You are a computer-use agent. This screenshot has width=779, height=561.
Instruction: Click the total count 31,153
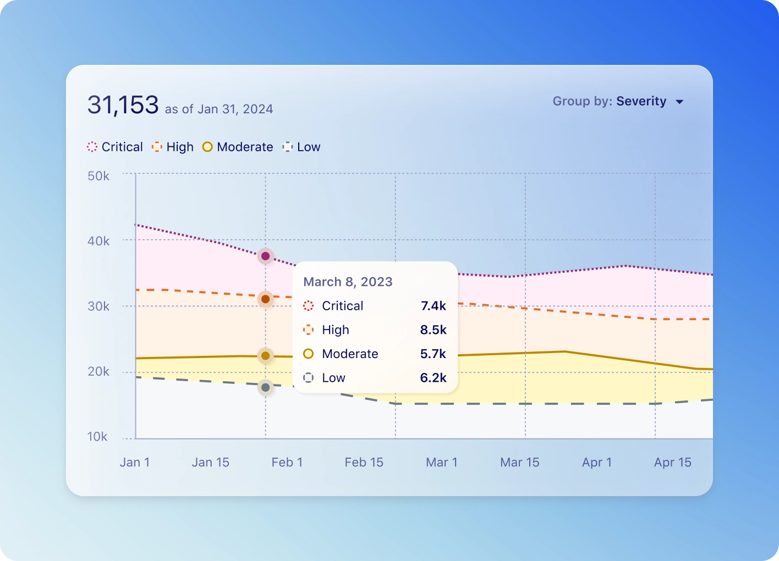123,105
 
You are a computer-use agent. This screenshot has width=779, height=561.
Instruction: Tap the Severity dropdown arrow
679,102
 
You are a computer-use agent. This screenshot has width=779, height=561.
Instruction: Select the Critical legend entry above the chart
115,147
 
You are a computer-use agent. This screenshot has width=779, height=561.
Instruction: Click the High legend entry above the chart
173,147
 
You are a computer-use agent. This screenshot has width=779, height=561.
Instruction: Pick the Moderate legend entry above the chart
238,147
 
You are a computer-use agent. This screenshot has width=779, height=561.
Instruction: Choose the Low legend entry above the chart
301,147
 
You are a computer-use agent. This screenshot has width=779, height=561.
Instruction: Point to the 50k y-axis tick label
98,176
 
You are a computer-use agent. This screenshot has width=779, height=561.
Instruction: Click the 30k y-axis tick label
98,306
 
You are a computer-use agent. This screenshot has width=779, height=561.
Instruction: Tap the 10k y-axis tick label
97,437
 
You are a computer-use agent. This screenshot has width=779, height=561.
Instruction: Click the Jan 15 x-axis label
210,463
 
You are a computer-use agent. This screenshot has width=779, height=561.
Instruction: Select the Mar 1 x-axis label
442,463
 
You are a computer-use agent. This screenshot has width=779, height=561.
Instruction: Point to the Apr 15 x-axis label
673,463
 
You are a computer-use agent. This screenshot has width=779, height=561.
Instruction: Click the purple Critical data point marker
265,256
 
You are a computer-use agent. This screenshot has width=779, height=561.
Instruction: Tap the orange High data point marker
265,299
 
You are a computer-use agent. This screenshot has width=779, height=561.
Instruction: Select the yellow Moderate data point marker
265,356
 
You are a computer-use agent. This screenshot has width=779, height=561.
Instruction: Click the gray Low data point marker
265,388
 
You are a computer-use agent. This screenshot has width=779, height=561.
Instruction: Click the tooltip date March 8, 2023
348,282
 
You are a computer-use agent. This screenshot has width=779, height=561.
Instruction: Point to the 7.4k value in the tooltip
434,306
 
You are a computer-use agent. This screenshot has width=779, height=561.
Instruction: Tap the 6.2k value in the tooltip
433,378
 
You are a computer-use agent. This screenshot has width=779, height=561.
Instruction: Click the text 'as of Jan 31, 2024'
219,109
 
